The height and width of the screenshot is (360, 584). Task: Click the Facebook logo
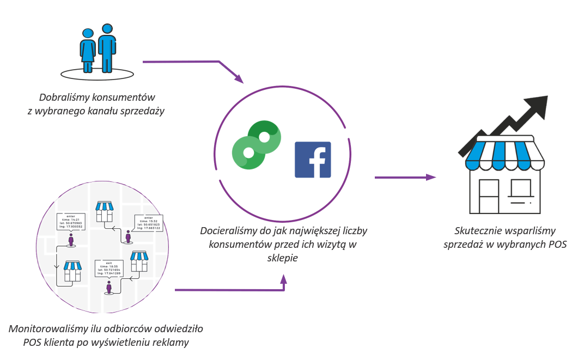[313, 160]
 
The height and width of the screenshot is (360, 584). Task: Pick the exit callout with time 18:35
[108, 269]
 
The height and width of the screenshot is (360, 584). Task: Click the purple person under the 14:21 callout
[71, 240]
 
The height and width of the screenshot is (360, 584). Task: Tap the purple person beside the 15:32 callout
[128, 237]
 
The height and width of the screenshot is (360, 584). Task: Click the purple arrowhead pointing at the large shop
[431, 177]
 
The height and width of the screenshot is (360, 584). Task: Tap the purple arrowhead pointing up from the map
[283, 279]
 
